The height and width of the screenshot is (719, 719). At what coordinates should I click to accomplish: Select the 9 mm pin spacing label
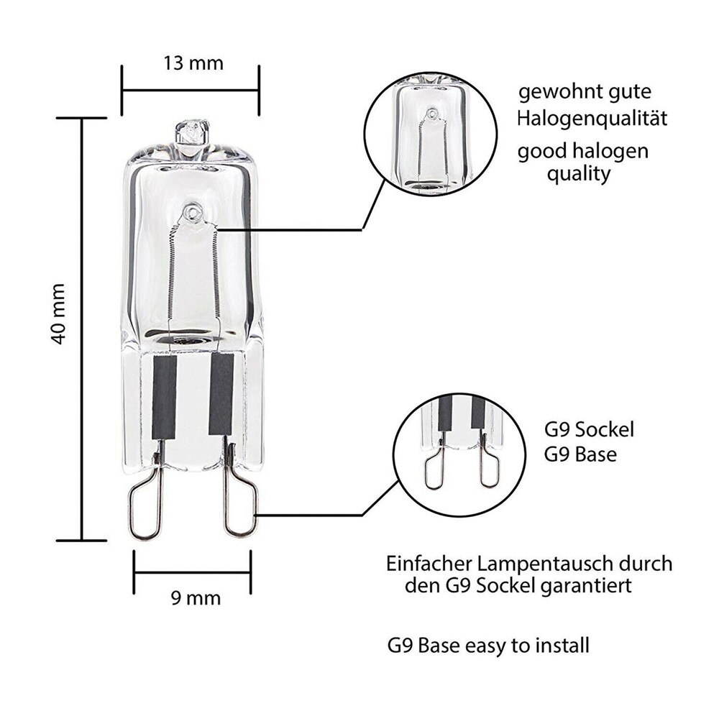[x=193, y=597]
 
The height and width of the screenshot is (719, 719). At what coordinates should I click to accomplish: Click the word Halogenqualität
[x=592, y=118]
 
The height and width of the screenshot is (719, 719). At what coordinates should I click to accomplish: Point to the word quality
[x=580, y=173]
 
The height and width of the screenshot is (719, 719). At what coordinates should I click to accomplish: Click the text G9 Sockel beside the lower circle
[x=590, y=431]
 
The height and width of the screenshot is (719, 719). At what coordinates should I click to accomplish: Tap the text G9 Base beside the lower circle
[x=582, y=455]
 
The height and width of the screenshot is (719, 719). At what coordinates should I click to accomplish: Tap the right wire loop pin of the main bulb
[x=240, y=503]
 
